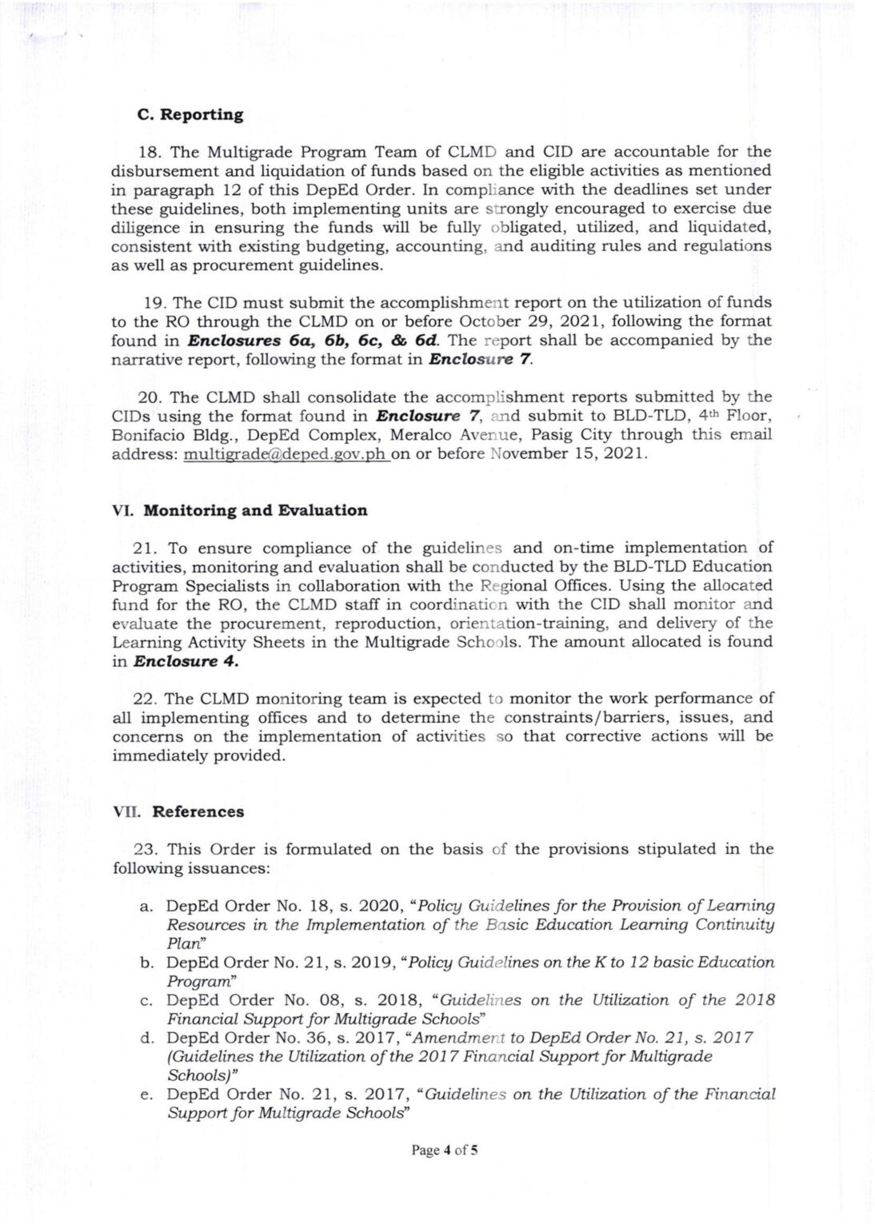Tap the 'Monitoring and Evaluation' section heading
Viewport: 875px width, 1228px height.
coord(255,510)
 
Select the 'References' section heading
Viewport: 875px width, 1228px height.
coord(198,811)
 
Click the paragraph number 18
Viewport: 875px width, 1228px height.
coord(151,151)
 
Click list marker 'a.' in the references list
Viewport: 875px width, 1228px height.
coord(146,906)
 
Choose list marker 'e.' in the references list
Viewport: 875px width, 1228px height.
coord(146,1094)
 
